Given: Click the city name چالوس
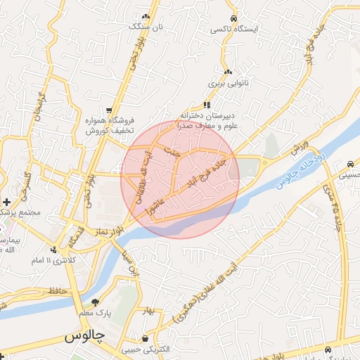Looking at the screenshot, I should point(84,336).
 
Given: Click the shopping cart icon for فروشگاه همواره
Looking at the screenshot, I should point(108,110).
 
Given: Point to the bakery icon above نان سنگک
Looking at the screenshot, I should point(146,16).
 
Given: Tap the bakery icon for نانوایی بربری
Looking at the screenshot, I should point(227,72).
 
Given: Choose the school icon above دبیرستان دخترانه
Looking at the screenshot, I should point(207,104).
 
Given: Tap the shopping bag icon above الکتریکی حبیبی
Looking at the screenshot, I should point(145,338).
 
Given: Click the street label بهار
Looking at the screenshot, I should point(146,309).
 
